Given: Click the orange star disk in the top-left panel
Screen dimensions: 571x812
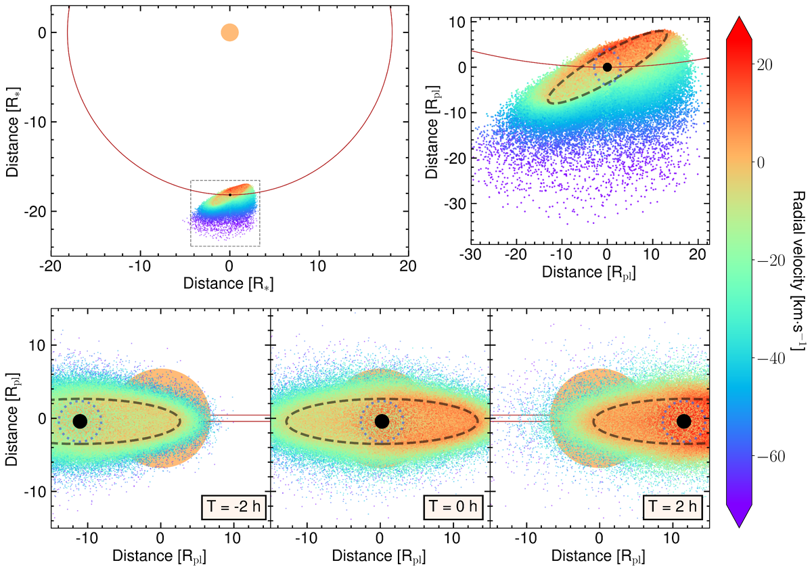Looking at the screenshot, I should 229,32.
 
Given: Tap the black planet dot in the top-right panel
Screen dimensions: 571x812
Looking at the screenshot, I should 607,67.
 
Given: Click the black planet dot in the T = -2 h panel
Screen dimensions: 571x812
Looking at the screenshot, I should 80,421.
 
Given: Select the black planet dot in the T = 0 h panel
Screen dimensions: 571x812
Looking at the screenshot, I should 382,421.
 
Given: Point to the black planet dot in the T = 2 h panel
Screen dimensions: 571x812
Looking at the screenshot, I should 683,421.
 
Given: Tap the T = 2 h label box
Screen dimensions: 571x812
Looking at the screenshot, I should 674,506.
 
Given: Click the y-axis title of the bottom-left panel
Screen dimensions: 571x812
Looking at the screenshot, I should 13,420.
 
